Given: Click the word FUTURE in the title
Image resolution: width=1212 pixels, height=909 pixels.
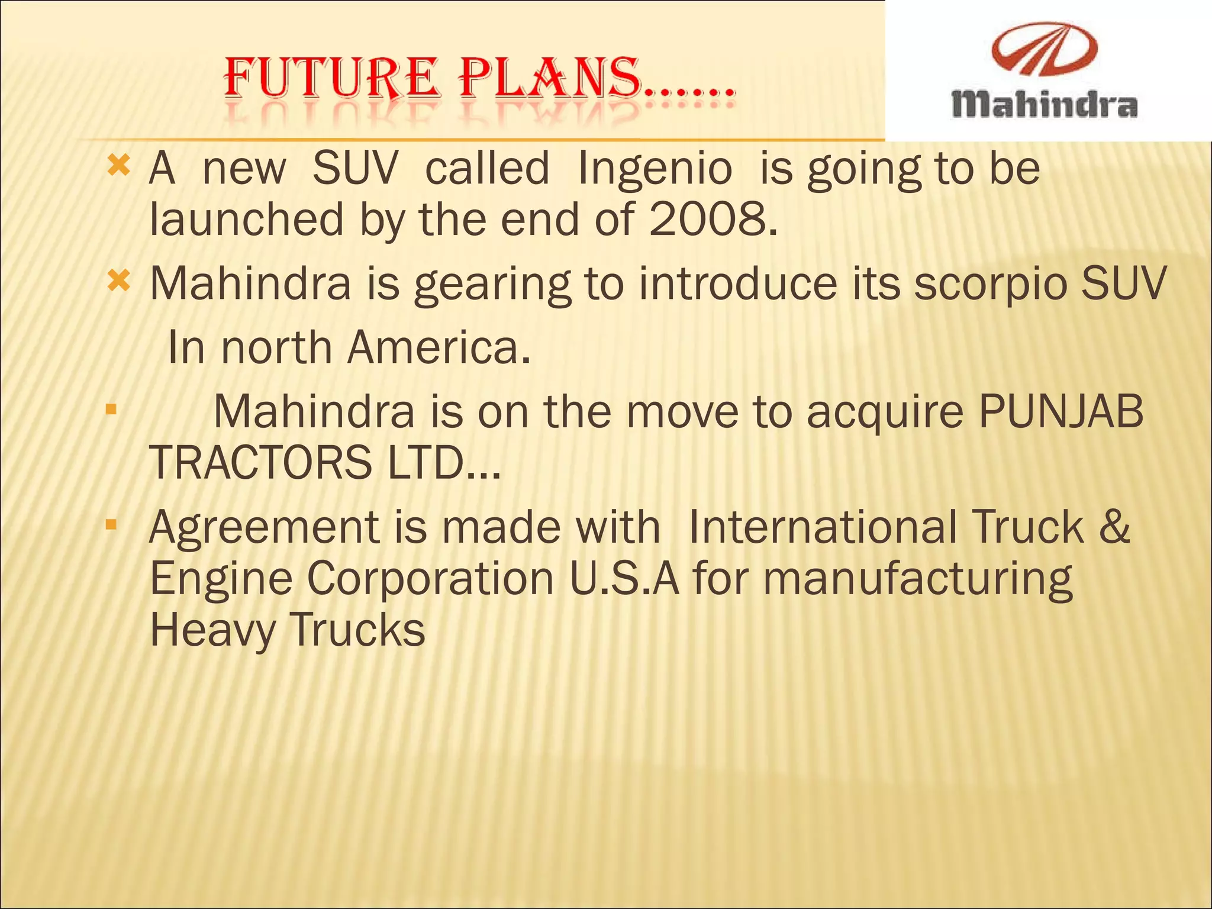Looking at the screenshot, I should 331,78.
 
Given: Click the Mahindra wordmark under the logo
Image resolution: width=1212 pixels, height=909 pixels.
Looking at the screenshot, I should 1044,105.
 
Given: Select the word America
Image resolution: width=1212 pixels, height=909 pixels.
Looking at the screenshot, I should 439,348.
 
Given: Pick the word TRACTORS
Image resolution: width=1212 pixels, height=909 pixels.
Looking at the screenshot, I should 260,463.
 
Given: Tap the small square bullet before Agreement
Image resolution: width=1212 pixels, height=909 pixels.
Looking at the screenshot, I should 111,524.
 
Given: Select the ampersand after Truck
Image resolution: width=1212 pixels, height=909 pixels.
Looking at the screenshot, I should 1115,527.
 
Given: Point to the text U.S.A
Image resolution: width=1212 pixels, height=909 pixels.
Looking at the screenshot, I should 625,578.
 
